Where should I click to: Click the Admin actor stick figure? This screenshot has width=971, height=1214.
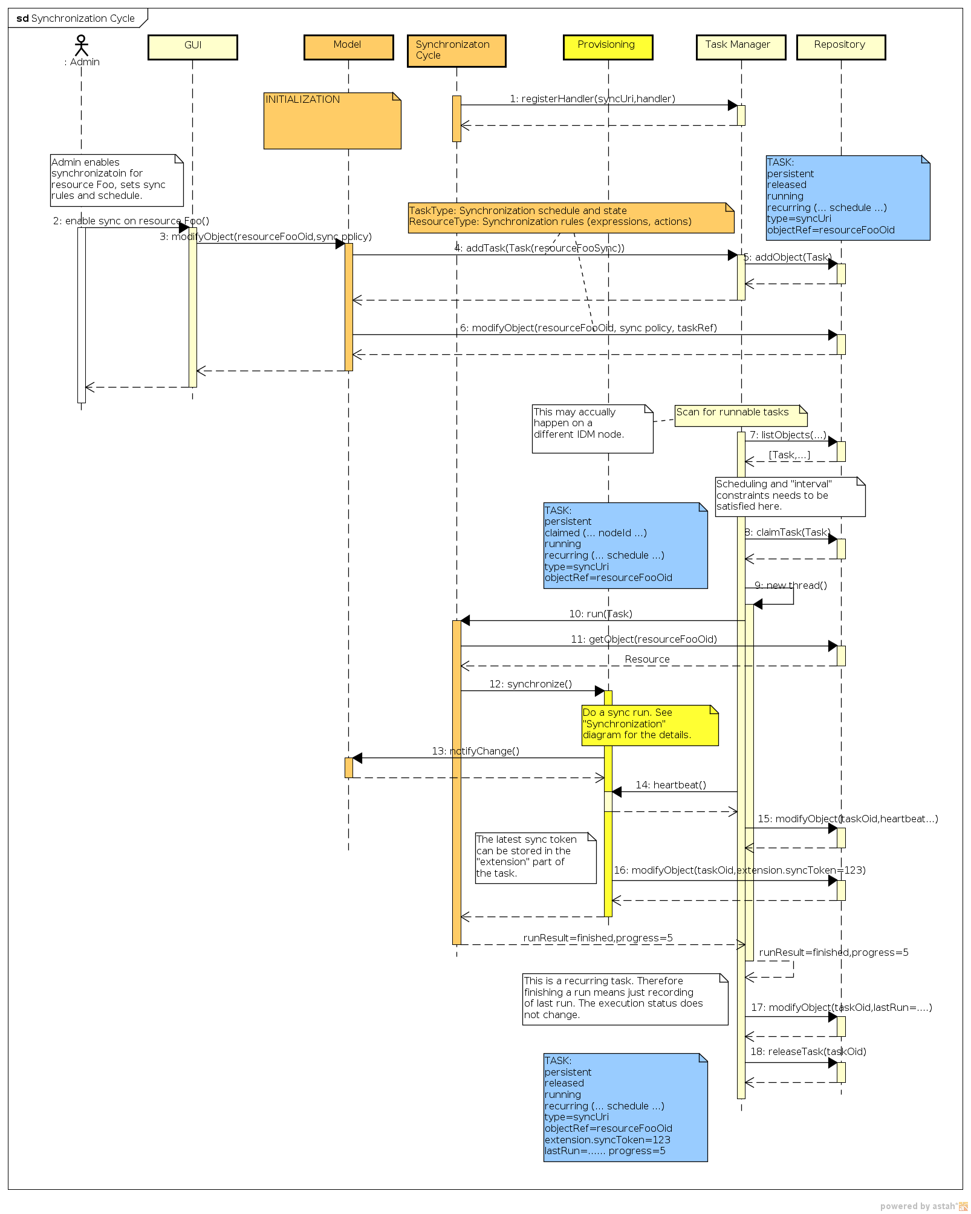pyautogui.click(x=81, y=45)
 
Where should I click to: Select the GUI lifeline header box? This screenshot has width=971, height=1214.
pyautogui.click(x=193, y=47)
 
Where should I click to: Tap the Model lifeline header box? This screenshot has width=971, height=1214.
pyautogui.click(x=348, y=47)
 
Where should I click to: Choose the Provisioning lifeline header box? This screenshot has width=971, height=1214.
pyautogui.click(x=608, y=47)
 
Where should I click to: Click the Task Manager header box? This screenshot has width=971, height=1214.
pyautogui.click(x=741, y=47)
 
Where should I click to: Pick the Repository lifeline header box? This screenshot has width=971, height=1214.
pyautogui.click(x=840, y=47)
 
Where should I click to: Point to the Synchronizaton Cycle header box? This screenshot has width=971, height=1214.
pyautogui.click(x=456, y=51)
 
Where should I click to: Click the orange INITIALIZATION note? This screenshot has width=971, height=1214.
pyautogui.click(x=332, y=120)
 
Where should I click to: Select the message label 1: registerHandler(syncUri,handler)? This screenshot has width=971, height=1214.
pyautogui.click(x=592, y=99)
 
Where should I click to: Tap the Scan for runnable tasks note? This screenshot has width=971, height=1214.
pyautogui.click(x=740, y=415)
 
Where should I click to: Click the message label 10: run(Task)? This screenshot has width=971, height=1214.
pyautogui.click(x=600, y=614)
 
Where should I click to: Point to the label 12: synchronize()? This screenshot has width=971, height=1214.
pyautogui.click(x=530, y=684)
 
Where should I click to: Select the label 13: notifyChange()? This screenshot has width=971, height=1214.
pyautogui.click(x=475, y=751)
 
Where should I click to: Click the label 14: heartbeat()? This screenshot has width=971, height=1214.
pyautogui.click(x=671, y=785)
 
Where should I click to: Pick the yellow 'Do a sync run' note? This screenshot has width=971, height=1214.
pyautogui.click(x=649, y=725)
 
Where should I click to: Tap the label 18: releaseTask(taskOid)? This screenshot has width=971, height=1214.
pyautogui.click(x=808, y=1051)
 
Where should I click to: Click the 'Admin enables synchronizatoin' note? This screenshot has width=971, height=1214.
pyautogui.click(x=116, y=180)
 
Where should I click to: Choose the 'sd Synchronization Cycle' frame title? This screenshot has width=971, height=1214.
pyautogui.click(x=76, y=18)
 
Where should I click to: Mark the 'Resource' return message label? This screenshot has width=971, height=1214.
pyautogui.click(x=647, y=659)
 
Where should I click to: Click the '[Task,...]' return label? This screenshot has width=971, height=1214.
pyautogui.click(x=789, y=455)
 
